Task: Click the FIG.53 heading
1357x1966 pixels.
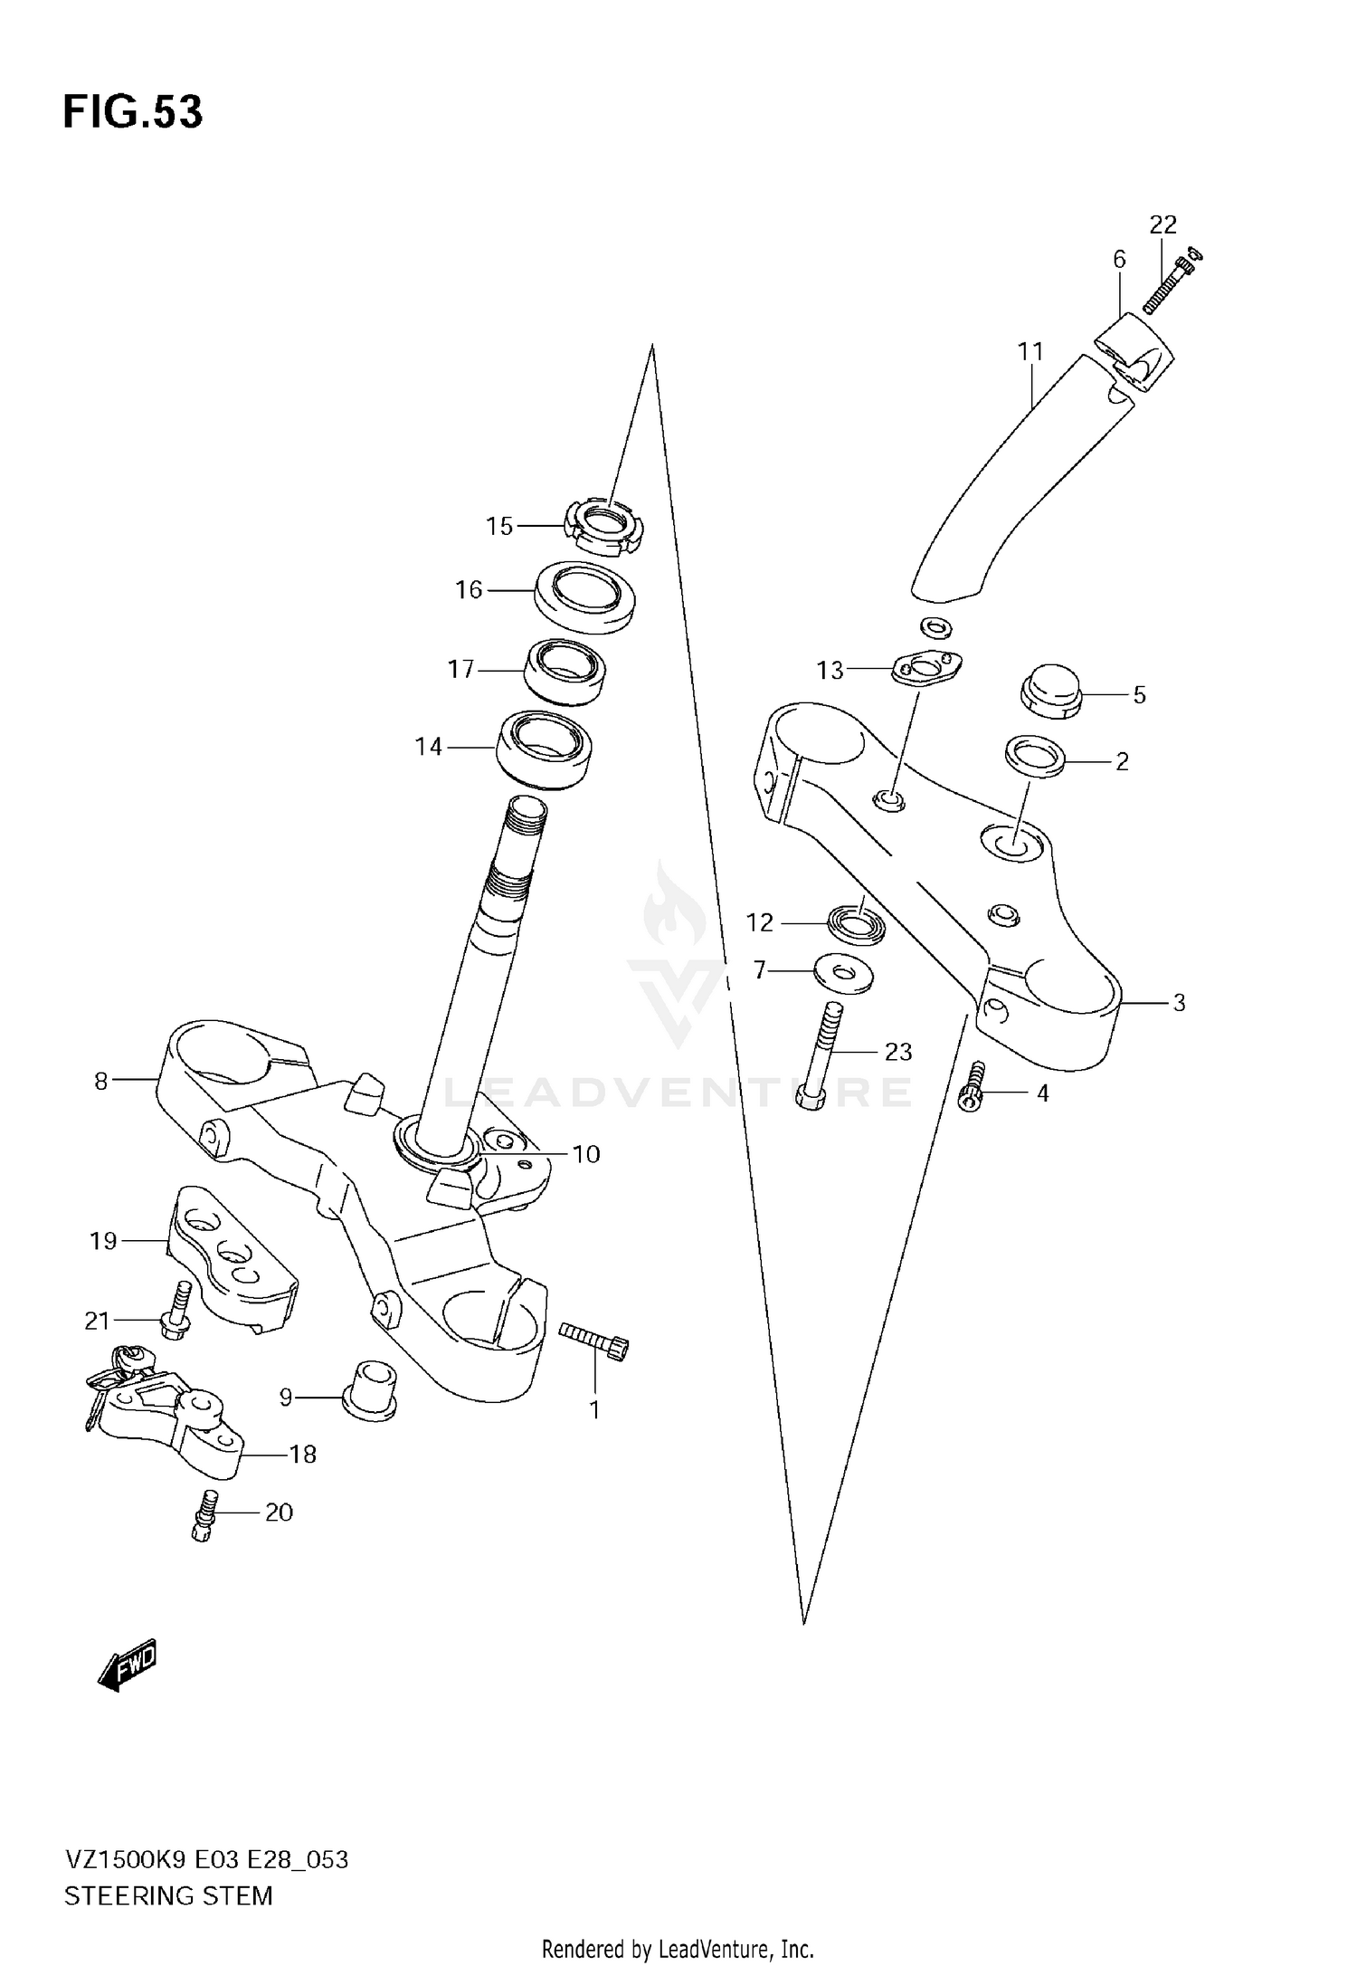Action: click(133, 112)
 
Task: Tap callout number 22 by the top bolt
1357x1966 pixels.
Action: click(1162, 224)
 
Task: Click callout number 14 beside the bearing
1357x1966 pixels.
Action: click(429, 747)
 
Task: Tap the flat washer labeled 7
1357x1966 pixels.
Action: click(843, 974)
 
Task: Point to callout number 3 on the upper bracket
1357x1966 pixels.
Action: click(1179, 1003)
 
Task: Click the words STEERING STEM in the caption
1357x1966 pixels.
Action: click(168, 1895)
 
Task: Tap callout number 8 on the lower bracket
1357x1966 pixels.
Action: click(100, 1081)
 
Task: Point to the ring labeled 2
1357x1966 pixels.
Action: click(1034, 756)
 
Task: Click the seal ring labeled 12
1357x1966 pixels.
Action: click(856, 926)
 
